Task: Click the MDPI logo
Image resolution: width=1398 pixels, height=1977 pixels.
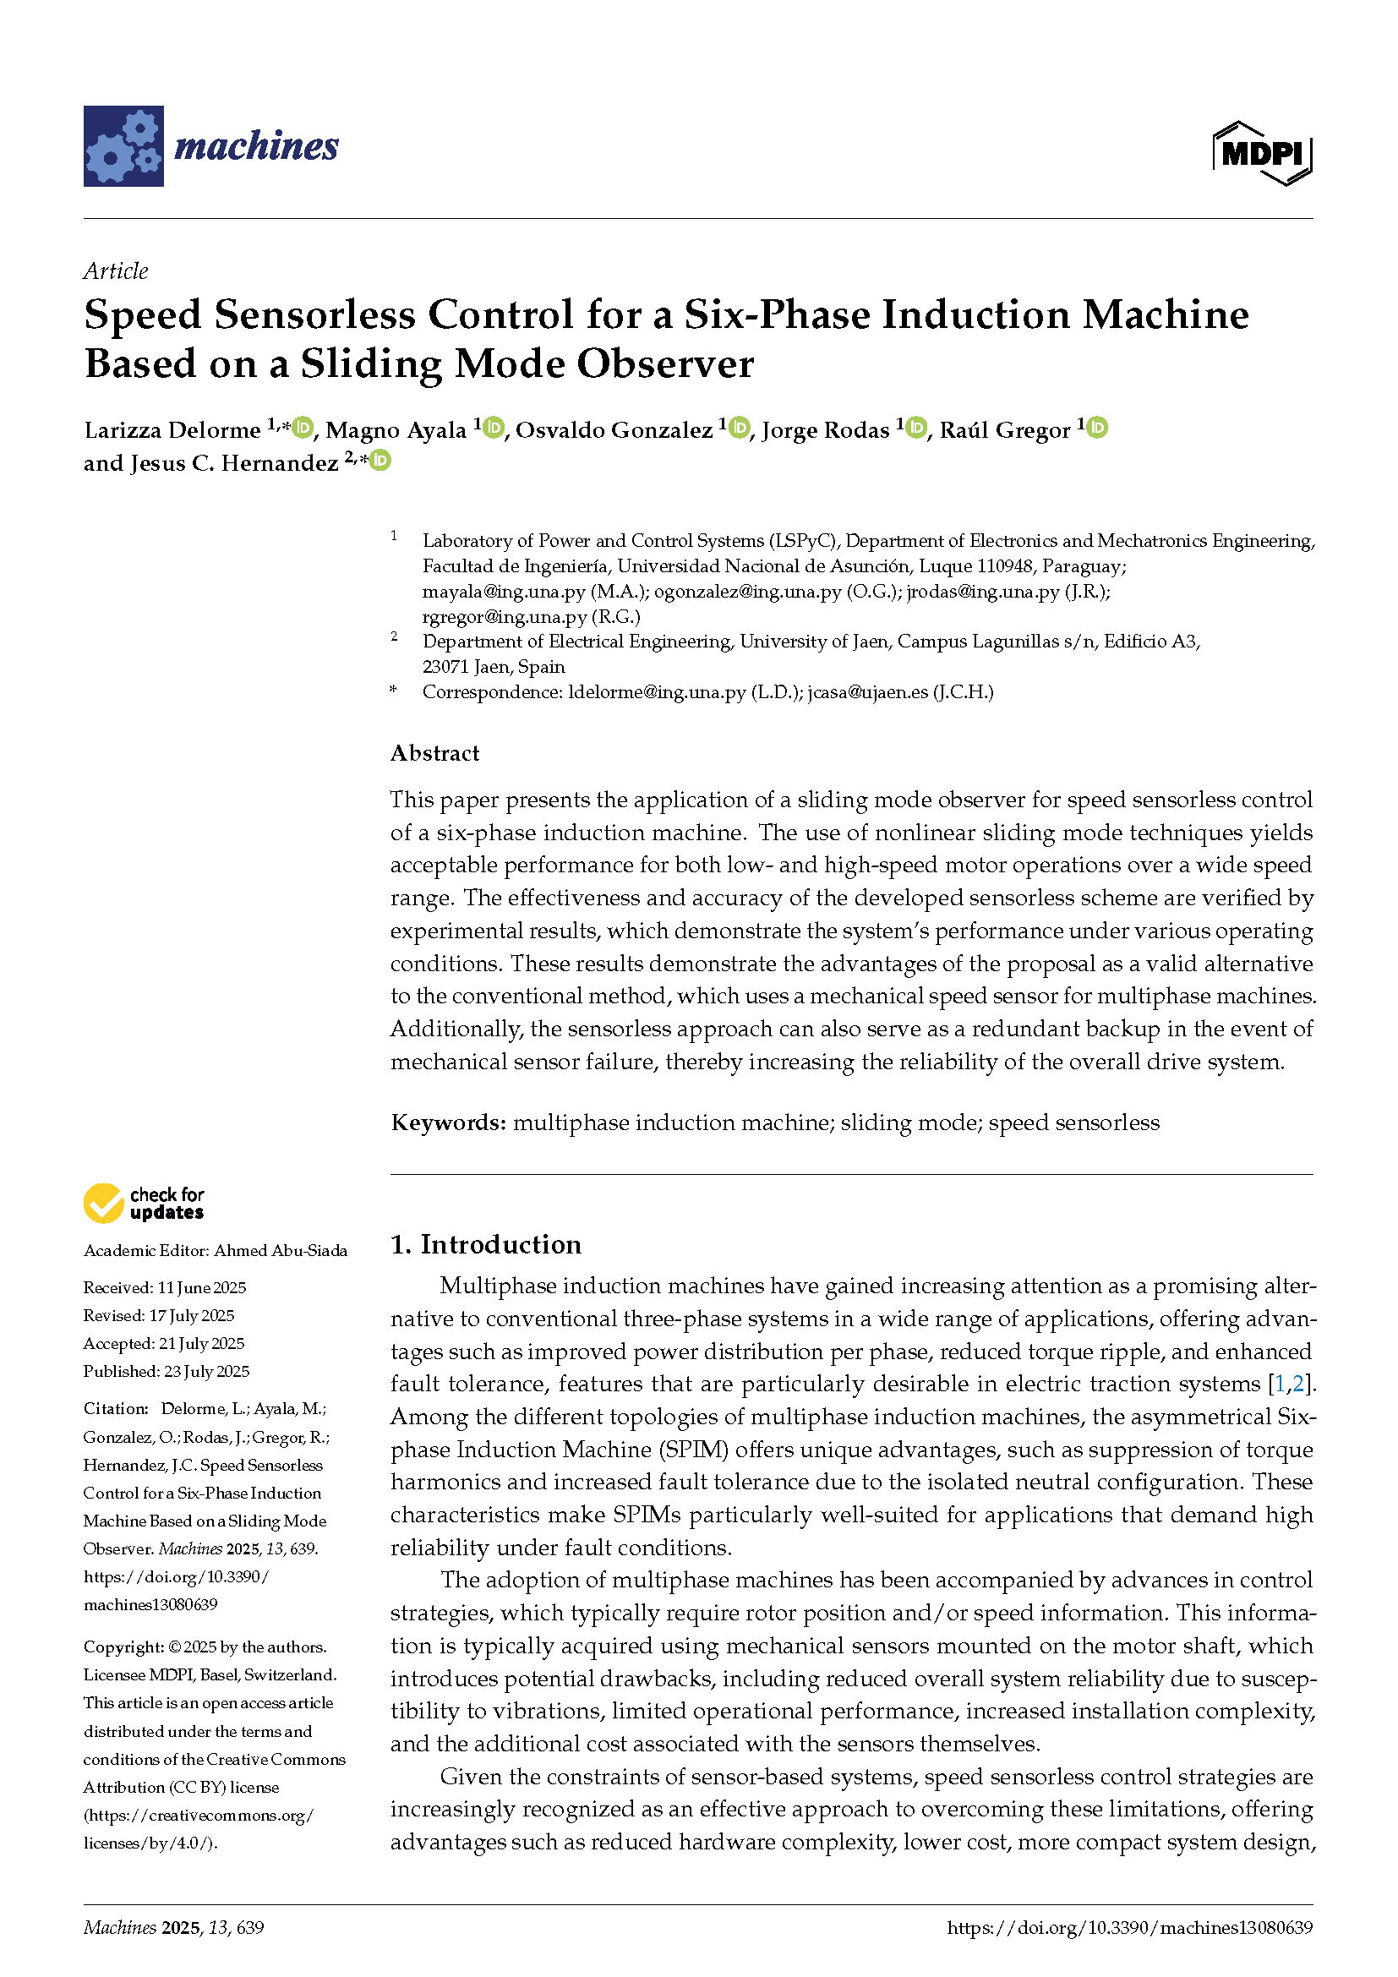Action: point(1261,153)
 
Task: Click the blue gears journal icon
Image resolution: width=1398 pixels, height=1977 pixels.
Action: point(123,145)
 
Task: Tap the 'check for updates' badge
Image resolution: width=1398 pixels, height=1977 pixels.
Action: point(144,1203)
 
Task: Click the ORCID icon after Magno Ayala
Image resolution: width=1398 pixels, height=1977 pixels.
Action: point(494,427)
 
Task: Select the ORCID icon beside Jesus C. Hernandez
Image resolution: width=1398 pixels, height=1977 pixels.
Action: point(380,461)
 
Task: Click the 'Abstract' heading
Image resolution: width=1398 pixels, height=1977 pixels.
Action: point(434,753)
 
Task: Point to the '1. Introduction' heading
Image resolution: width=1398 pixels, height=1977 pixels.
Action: point(485,1244)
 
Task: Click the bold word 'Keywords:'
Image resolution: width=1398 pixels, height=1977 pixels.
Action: point(448,1122)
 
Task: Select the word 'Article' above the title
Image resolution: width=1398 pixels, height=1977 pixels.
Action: point(115,271)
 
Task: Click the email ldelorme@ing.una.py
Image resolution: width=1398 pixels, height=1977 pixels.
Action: point(657,692)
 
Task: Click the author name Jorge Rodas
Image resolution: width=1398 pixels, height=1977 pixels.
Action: point(825,429)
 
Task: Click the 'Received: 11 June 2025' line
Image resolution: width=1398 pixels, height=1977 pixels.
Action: point(165,1288)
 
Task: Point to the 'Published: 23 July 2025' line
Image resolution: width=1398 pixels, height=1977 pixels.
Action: point(167,1372)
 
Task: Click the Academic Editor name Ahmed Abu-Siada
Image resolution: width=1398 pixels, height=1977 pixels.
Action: point(281,1251)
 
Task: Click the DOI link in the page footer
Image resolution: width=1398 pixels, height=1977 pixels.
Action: point(1129,1928)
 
